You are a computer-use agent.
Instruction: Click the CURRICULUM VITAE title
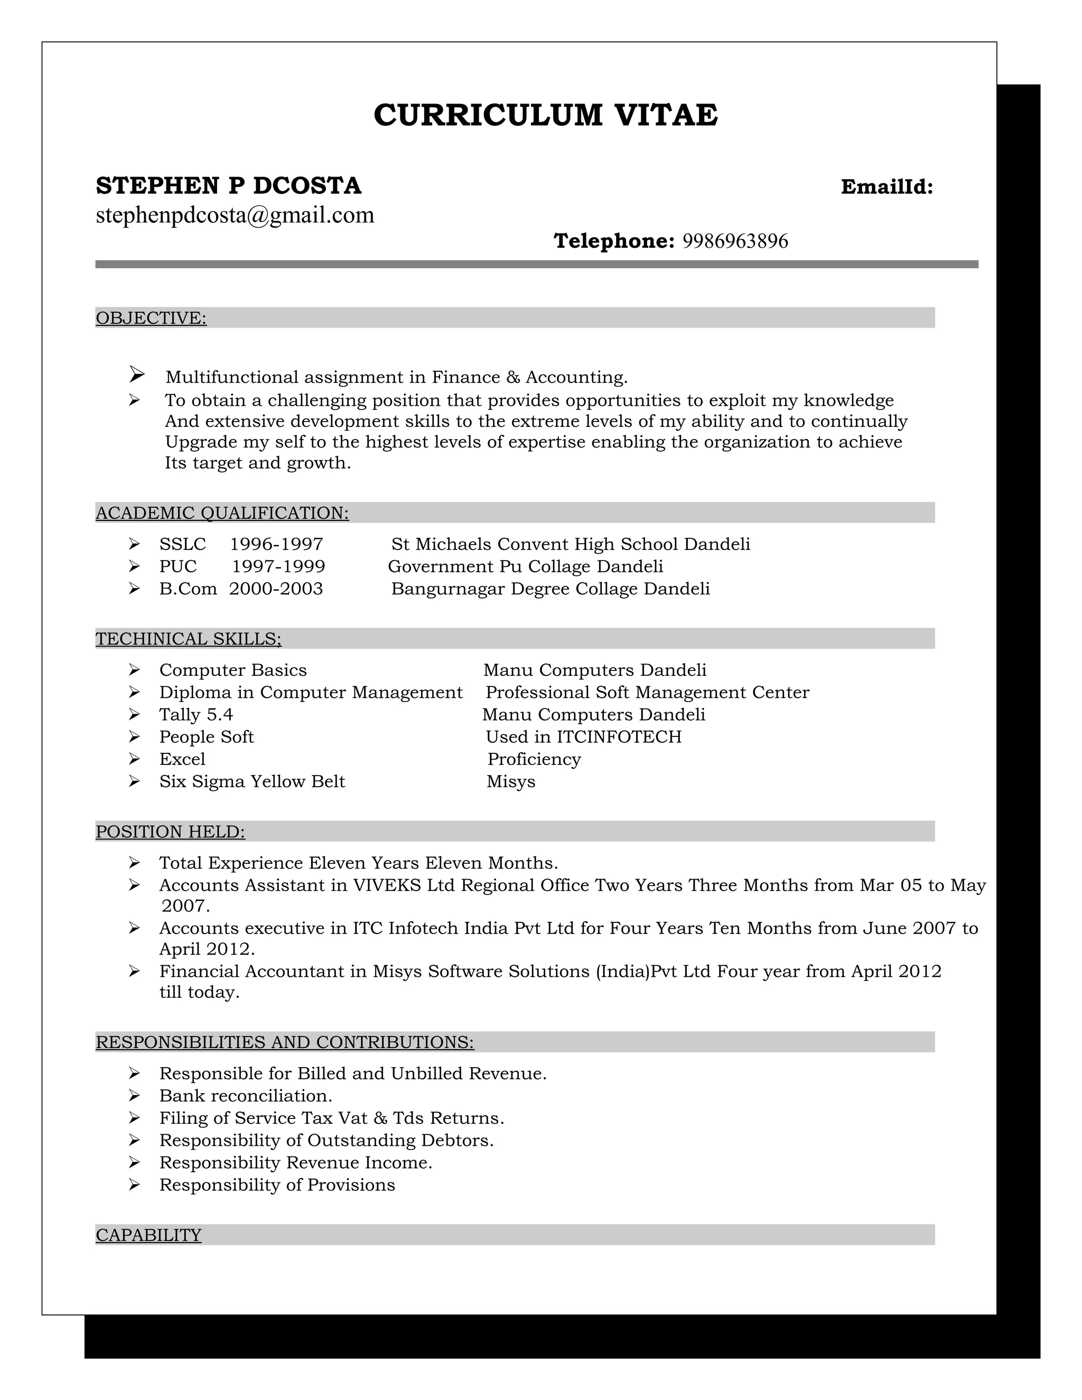coord(545,115)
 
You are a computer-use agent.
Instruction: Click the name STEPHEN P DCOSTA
coord(228,186)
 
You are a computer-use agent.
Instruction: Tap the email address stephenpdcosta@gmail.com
coord(235,216)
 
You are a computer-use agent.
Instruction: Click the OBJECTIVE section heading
coord(151,318)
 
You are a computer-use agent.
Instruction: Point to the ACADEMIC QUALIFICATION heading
coord(222,513)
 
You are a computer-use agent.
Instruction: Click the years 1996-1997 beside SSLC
coord(276,544)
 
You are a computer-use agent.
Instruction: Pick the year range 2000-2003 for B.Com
coord(276,589)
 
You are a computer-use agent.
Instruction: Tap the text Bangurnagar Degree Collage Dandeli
coord(550,589)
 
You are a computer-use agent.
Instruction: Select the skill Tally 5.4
coord(195,715)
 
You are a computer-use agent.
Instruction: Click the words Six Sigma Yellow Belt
coord(252,781)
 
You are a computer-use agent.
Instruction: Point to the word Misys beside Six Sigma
coord(510,781)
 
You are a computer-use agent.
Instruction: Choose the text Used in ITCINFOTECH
coord(583,737)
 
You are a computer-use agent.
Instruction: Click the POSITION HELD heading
coord(170,832)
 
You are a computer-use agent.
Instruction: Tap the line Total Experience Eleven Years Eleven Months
coord(358,863)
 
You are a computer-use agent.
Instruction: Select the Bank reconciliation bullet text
coord(246,1096)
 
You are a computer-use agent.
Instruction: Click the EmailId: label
coord(887,187)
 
